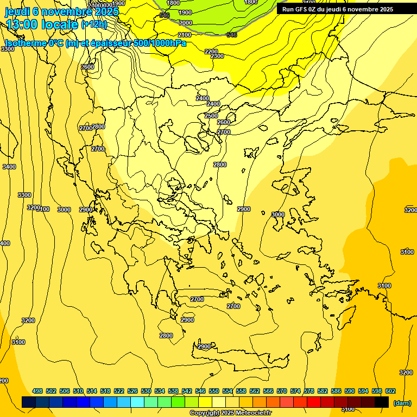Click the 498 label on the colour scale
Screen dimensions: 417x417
(x=37, y=391)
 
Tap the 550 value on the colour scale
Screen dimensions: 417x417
(x=213, y=391)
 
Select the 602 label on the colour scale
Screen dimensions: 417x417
(x=390, y=391)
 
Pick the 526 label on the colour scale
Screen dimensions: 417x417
(x=132, y=391)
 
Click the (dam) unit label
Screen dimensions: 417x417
(x=402, y=403)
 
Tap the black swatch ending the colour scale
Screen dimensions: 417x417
(x=382, y=402)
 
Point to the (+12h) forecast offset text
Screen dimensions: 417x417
(x=94, y=24)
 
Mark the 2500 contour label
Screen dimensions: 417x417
(x=211, y=116)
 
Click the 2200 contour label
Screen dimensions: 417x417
(x=211, y=52)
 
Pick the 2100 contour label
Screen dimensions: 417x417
(x=185, y=35)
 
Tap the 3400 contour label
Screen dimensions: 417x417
(x=9, y=167)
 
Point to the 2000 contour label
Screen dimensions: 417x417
(x=186, y=23)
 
